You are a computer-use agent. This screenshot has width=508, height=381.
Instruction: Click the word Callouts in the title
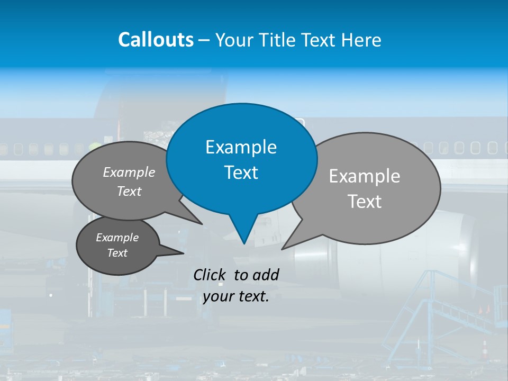point(156,40)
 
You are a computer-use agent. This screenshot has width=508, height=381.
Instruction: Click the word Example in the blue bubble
point(241,147)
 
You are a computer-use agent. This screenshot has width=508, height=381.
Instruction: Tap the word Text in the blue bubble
point(241,173)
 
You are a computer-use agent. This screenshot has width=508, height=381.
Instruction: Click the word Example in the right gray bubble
point(365,176)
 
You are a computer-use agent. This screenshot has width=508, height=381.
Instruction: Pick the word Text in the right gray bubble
point(365,202)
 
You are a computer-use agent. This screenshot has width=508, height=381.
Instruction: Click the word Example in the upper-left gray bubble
point(129,173)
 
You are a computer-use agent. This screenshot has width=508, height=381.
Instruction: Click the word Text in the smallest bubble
point(117,253)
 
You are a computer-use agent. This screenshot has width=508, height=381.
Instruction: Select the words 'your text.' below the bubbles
point(236,296)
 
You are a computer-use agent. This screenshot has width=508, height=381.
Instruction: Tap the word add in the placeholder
point(266,275)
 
